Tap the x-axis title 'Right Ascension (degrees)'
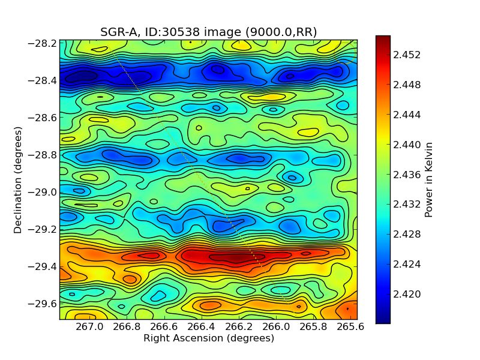pos(208,338)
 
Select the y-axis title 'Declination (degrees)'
pos(18,180)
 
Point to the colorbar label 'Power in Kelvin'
pos(428,179)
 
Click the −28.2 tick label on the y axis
pos(42,43)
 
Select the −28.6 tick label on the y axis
pos(42,118)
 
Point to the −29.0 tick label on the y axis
pos(42,192)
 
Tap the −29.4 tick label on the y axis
pos(42,266)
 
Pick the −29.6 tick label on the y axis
pos(42,304)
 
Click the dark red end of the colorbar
pos(383,38)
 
